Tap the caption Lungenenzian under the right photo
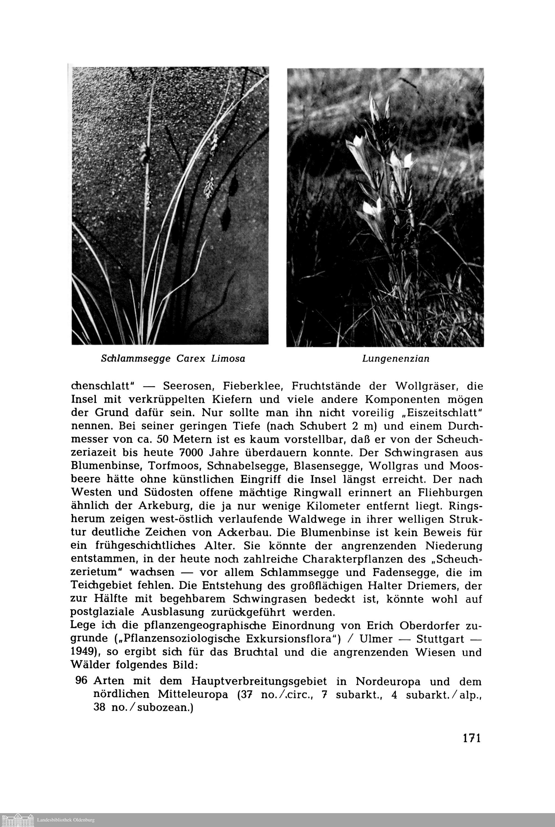396,359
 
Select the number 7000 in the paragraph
191,453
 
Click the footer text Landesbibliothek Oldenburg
66,820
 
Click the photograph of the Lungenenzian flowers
385,207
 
